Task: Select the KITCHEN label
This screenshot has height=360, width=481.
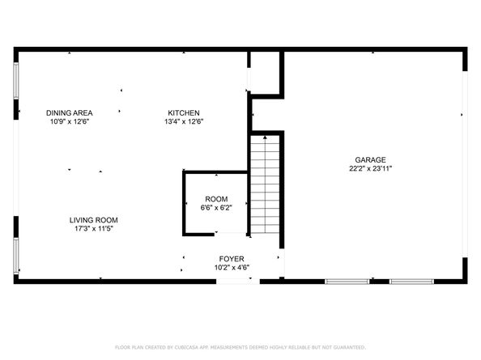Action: coord(184,112)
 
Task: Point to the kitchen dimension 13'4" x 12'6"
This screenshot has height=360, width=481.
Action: coord(184,122)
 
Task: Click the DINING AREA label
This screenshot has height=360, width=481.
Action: coord(69,112)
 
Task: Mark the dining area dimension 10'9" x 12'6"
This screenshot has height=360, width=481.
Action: coord(69,122)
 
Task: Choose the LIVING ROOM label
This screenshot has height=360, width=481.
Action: coord(94,220)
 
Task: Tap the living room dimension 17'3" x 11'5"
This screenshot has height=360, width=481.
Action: coord(94,230)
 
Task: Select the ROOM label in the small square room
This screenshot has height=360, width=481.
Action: coord(216,199)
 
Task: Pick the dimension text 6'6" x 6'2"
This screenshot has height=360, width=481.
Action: coord(216,208)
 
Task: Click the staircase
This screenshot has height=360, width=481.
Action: coord(264,186)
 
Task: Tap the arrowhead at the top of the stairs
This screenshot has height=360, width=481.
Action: coord(264,139)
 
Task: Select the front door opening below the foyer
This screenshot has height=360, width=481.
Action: coord(233,281)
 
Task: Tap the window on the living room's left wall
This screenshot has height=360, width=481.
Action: coord(15,255)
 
